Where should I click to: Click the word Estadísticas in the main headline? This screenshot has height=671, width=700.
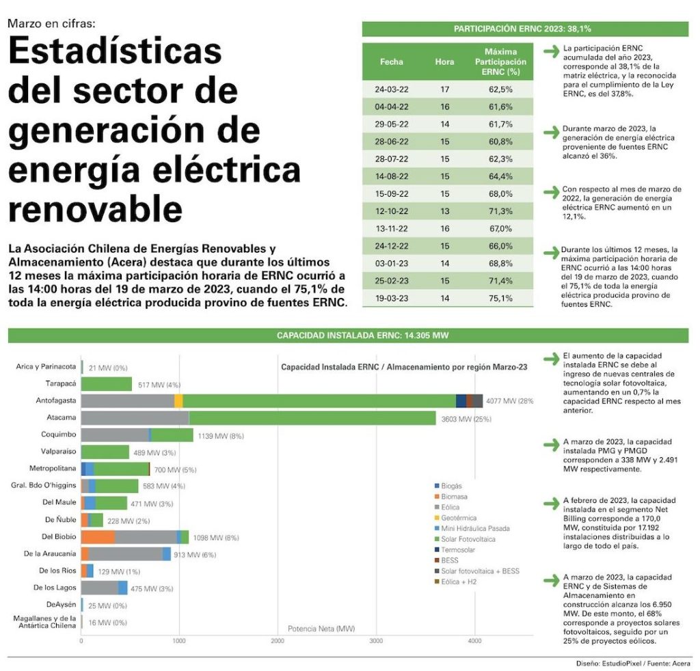pyautogui.click(x=115, y=53)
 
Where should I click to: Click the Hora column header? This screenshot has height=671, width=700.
pyautogui.click(x=444, y=61)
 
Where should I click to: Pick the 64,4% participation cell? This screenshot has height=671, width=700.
pyautogui.click(x=500, y=176)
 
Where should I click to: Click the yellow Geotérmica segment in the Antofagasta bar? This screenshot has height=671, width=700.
pyautogui.click(x=178, y=401)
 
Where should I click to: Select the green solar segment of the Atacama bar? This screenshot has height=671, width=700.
pyautogui.click(x=312, y=417)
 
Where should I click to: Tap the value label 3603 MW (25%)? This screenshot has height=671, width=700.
pyautogui.click(x=465, y=419)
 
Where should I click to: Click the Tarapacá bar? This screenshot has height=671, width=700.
pyautogui.click(x=107, y=384)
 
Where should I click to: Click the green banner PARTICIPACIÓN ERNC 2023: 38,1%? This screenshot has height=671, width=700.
pyautogui.click(x=523, y=29)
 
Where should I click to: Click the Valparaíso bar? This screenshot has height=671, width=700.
pyautogui.click(x=105, y=452)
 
